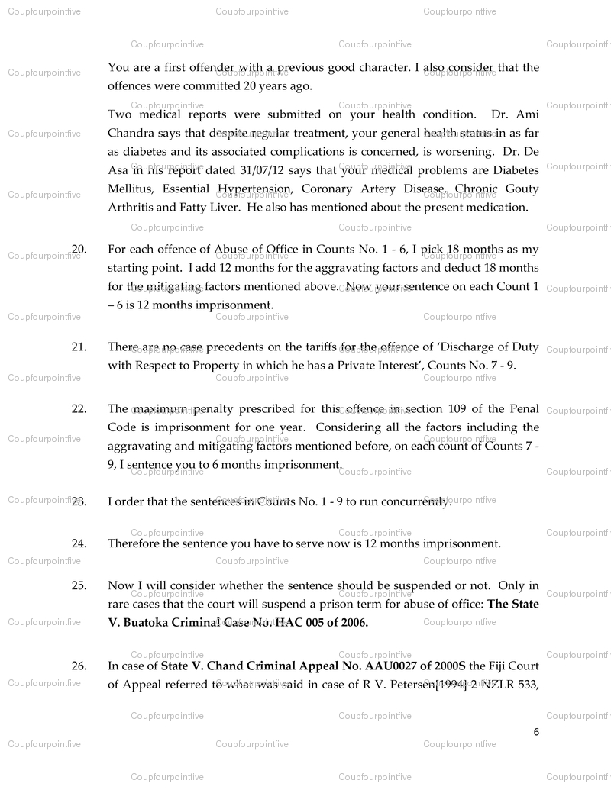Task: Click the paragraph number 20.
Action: pos(79,249)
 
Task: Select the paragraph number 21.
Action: pos(79,347)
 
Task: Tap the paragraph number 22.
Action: pos(79,408)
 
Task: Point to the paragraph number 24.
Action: pos(79,543)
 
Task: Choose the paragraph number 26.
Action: pos(79,666)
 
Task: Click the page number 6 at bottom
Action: pos(536,731)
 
